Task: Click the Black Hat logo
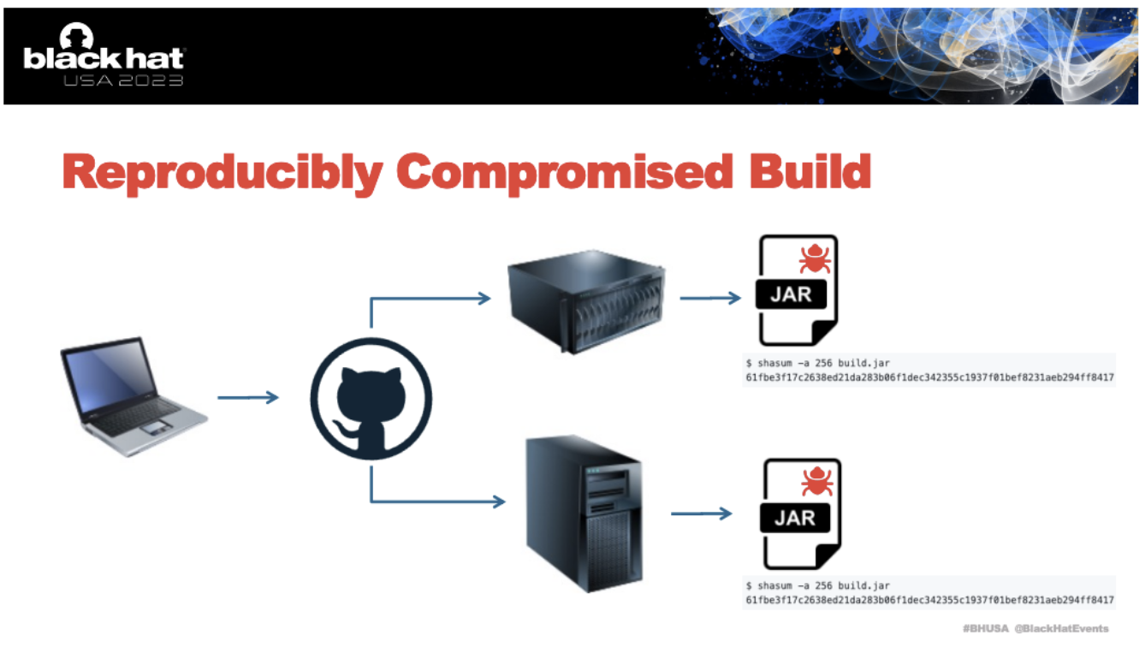coord(104,53)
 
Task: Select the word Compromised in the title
coord(565,172)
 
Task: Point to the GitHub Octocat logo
coord(371,398)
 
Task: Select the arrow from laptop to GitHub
coord(248,397)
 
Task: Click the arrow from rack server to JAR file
coord(710,298)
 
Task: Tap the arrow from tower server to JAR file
coord(702,513)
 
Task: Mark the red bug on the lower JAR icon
coord(816,481)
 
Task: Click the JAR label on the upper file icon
coord(791,294)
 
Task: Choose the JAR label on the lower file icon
coord(795,519)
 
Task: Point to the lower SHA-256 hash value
coord(929,601)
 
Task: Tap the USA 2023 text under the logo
coord(123,80)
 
